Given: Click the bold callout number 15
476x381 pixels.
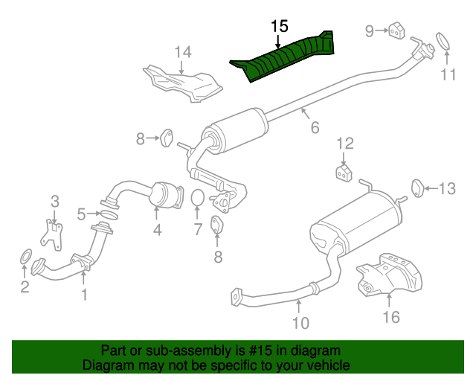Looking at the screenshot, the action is click(280, 27).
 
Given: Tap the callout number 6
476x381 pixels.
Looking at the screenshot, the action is click(315, 127).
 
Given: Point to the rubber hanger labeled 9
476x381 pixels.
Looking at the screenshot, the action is click(396, 31).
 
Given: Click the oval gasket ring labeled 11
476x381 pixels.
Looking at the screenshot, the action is click(443, 41).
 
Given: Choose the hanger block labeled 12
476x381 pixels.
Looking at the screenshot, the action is click(344, 173).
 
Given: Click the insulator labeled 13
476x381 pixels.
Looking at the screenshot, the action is click(417, 188).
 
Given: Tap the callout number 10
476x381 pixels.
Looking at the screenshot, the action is click(300, 323).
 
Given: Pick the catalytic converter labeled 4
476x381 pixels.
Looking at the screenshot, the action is click(167, 196).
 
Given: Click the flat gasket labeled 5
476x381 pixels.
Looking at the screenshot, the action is click(109, 214).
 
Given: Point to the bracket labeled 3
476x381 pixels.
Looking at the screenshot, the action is click(52, 235).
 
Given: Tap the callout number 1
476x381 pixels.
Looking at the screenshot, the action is click(84, 295).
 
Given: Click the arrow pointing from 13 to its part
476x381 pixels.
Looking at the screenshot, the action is click(431, 189).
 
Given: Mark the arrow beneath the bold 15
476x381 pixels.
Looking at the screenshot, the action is click(277, 42).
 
